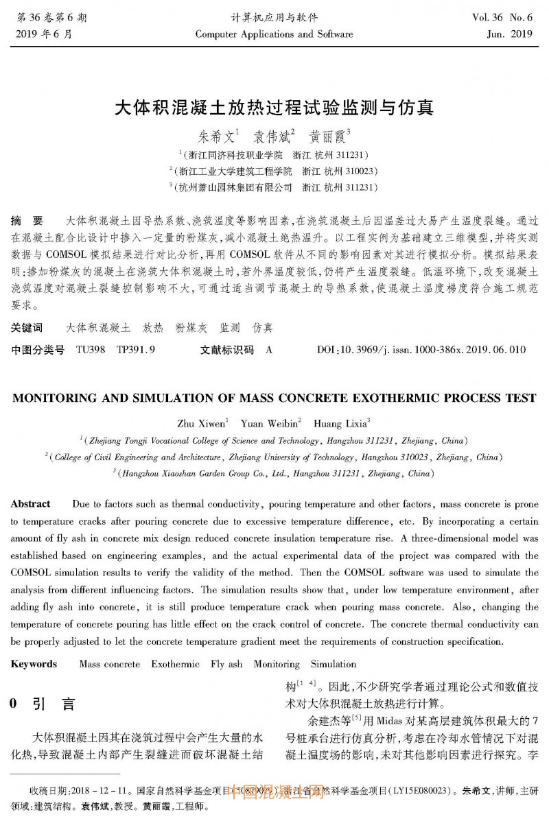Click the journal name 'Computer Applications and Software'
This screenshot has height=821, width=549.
click(x=274, y=34)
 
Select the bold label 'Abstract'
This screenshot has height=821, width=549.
click(x=31, y=504)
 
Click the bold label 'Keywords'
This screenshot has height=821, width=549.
click(x=34, y=664)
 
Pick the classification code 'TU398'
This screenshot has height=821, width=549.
click(x=91, y=350)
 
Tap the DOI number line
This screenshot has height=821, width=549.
click(x=421, y=350)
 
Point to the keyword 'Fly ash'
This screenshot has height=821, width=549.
click(x=226, y=664)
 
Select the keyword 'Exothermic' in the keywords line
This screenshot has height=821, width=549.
click(x=175, y=664)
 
